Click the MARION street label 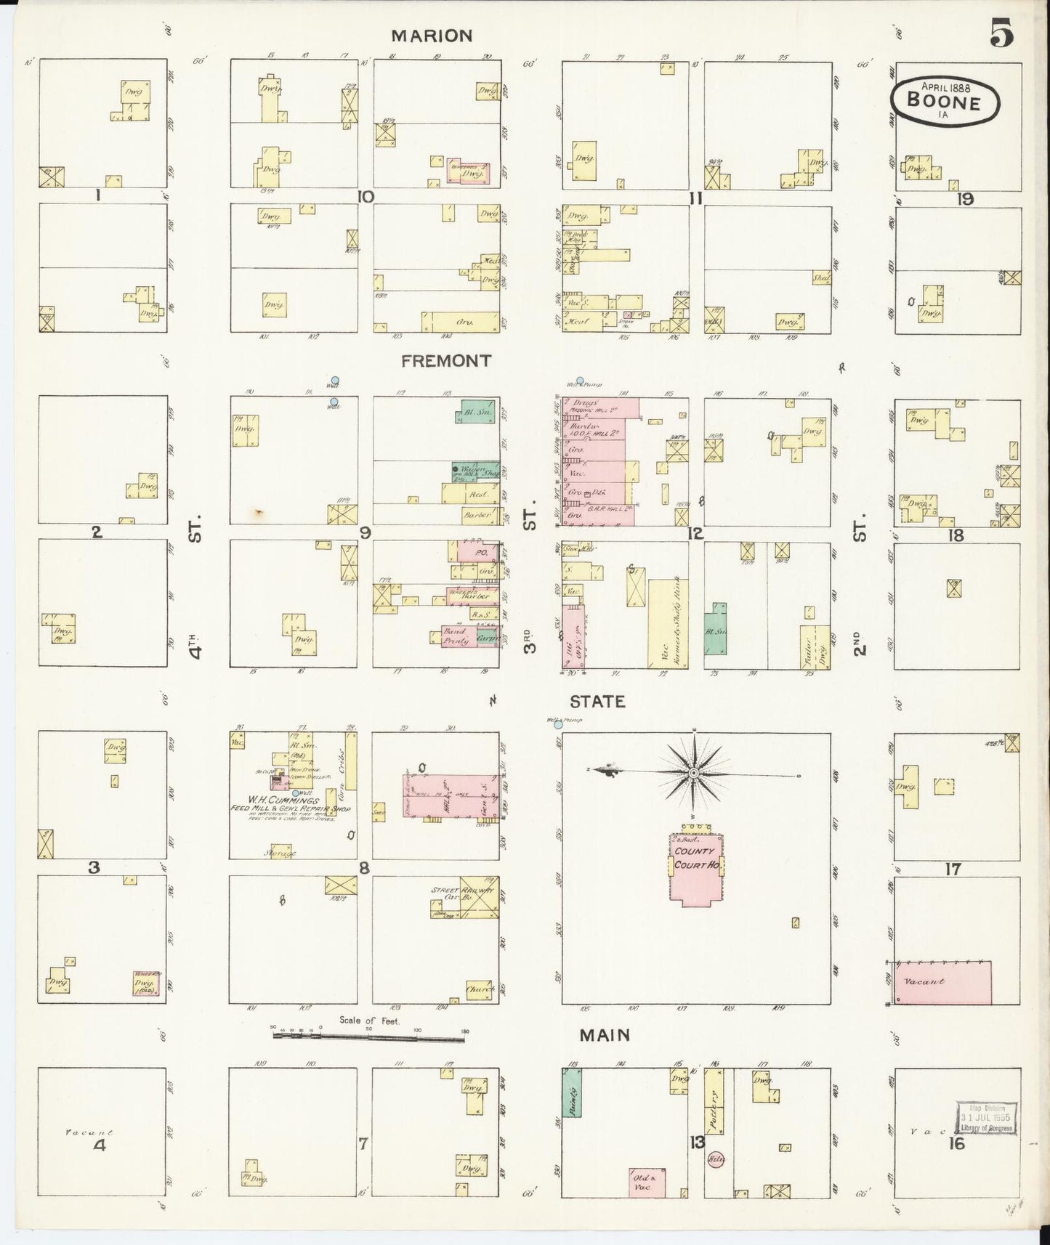tap(432, 36)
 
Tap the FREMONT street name tap(446, 361)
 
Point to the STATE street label tap(597, 702)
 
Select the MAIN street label tap(604, 1034)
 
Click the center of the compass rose tap(694, 773)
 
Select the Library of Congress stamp tap(985, 1119)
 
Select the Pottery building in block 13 tap(715, 1108)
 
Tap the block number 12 tap(695, 534)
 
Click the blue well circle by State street tap(558, 724)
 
